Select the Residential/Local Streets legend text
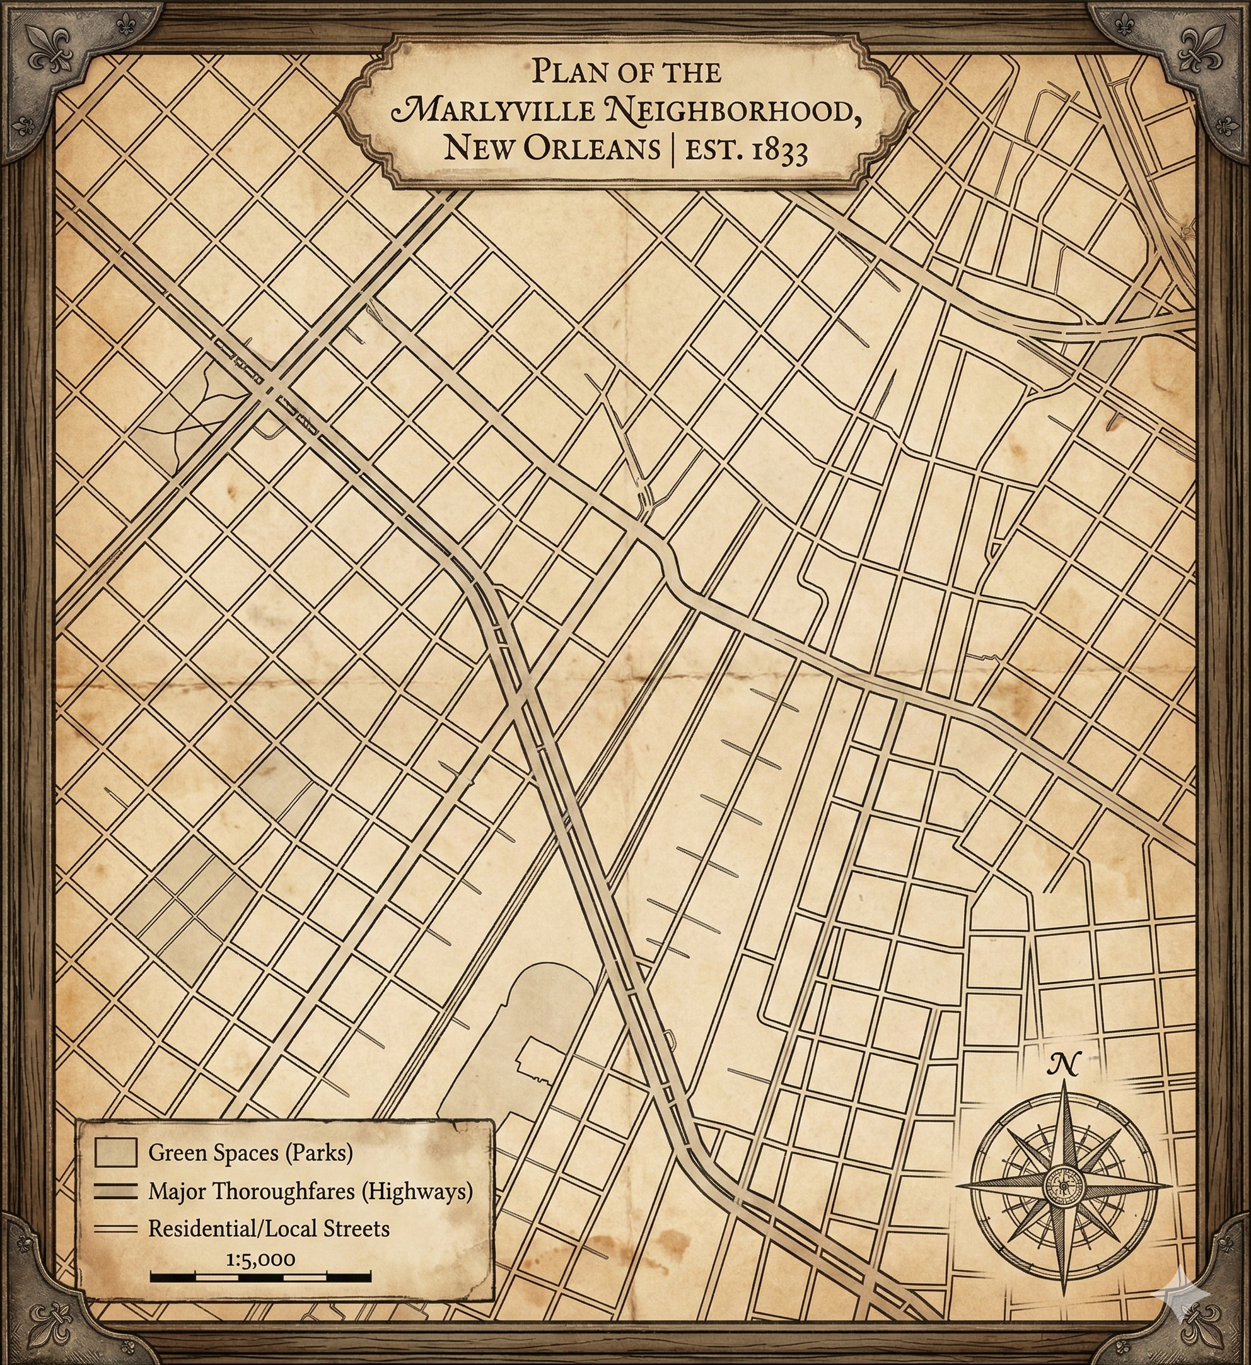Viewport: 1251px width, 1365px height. coord(269,1228)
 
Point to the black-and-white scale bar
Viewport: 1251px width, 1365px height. coord(260,1277)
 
